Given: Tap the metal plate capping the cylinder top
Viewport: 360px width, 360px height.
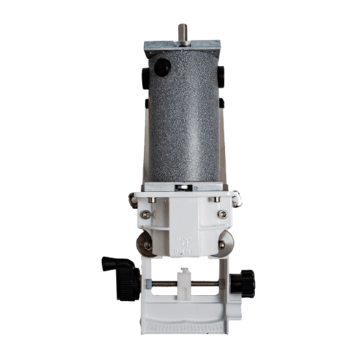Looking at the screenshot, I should coord(183,48).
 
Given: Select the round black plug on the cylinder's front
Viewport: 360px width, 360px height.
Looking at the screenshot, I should coord(162,67).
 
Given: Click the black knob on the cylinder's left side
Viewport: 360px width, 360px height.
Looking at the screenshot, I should coord(145,77).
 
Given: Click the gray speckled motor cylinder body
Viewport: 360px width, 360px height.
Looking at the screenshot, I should coord(183,123).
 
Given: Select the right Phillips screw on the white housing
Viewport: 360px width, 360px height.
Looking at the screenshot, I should coord(221,214).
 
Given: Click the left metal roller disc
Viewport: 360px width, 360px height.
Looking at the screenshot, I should coord(145,243).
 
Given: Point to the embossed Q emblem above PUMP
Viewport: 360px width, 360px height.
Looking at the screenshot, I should coord(184,241).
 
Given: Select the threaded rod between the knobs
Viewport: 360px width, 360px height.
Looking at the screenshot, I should coord(206,283).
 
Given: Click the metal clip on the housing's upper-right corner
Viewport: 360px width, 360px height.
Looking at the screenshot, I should coord(235,199).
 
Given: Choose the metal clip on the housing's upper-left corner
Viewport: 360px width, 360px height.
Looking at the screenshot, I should coord(132,200).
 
